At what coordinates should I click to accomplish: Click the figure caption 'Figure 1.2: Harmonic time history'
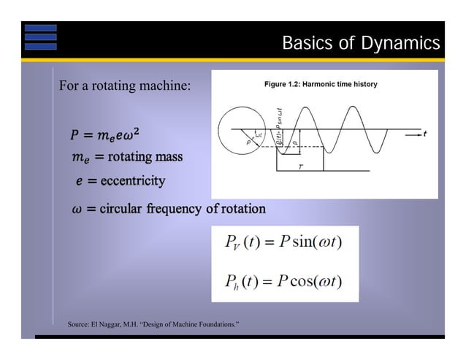tap(321, 85)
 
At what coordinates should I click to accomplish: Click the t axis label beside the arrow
tap(424, 134)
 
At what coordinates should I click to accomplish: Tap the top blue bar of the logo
tap(40, 28)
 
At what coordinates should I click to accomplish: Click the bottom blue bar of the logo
tap(40, 46)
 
